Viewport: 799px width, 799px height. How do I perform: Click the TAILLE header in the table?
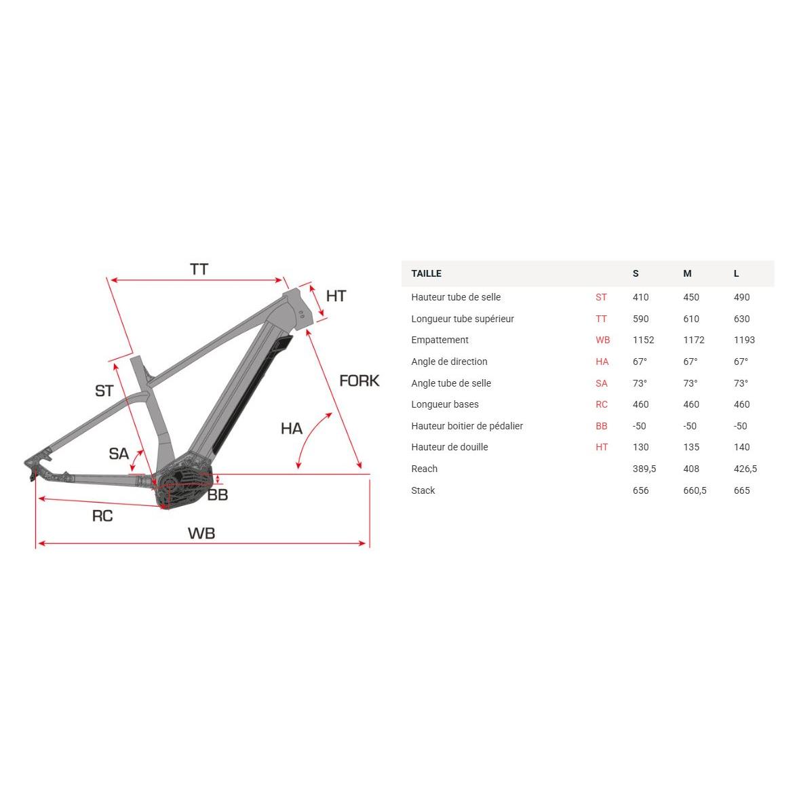(x=426, y=273)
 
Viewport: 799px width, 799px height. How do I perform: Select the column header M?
(x=687, y=273)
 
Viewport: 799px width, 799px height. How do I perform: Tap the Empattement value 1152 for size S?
(x=643, y=340)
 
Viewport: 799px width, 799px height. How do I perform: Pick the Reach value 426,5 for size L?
(x=745, y=469)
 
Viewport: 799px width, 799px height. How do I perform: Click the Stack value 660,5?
(x=695, y=490)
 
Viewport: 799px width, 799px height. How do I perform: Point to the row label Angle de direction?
(x=449, y=362)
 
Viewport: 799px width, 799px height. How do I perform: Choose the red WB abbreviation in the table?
(x=602, y=340)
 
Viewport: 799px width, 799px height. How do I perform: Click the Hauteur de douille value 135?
(x=691, y=447)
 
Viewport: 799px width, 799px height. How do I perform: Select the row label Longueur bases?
(x=445, y=404)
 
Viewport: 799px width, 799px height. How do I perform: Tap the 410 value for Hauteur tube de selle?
(x=640, y=297)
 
